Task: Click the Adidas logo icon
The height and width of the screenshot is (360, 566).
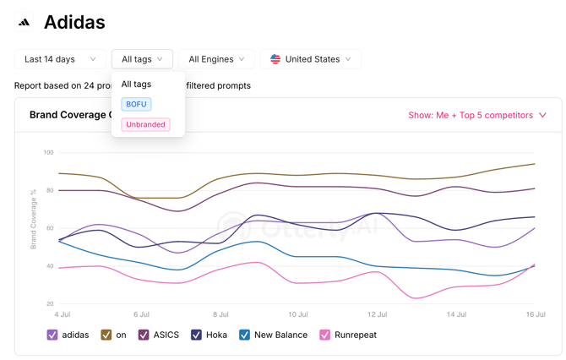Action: (24, 22)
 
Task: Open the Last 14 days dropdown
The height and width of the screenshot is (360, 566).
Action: (60, 59)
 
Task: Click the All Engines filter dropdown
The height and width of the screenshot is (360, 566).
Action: (216, 59)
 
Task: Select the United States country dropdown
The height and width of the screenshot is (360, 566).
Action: (311, 59)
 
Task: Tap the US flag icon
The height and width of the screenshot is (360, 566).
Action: (275, 59)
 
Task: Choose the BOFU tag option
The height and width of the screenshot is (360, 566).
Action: (137, 104)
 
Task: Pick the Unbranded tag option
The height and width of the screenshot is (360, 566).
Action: (145, 124)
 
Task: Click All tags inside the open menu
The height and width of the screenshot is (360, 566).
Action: (136, 85)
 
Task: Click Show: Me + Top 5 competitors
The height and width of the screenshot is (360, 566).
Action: (477, 115)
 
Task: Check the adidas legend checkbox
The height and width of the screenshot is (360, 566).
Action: (52, 335)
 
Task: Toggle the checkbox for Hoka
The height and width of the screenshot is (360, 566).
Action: (196, 335)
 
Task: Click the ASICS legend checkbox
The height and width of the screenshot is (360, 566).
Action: (144, 335)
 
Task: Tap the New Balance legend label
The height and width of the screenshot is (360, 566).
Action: (280, 335)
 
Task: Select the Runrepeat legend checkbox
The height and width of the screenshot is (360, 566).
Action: (325, 335)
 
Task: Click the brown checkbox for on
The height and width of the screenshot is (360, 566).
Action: (106, 335)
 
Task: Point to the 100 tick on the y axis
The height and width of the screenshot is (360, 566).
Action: (48, 152)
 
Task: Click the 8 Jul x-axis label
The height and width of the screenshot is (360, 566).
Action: (220, 314)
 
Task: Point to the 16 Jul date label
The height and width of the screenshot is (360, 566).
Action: (536, 314)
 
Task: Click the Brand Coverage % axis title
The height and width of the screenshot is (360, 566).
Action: (33, 219)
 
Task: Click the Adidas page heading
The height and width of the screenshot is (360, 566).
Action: (74, 22)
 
